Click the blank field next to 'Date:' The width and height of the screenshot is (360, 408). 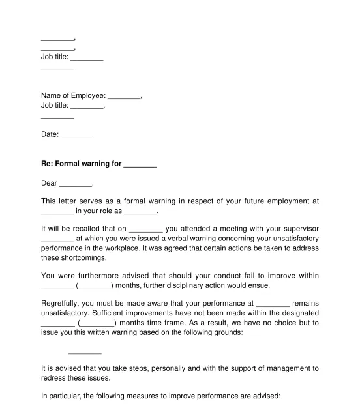pyautogui.click(x=78, y=135)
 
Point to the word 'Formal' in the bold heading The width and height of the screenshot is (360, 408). pyautogui.click(x=72, y=164)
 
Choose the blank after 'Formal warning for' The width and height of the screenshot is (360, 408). pyautogui.click(x=140, y=164)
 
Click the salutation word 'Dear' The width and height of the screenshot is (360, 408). pyautogui.click(x=49, y=182)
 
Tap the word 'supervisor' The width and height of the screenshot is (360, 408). pyautogui.click(x=297, y=229)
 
